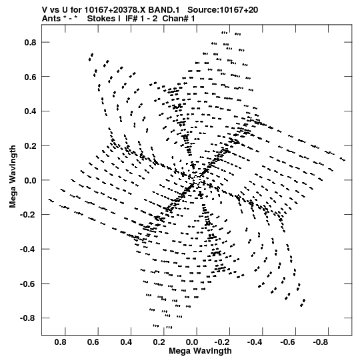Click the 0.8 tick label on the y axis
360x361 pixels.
(x=31, y=42)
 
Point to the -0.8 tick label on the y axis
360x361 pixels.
(x=28, y=318)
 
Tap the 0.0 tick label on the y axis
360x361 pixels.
(x=31, y=180)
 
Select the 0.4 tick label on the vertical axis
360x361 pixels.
(x=31, y=111)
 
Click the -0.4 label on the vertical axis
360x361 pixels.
(x=28, y=249)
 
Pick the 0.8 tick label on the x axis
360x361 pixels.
(x=61, y=342)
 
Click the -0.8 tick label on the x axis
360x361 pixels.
(x=320, y=342)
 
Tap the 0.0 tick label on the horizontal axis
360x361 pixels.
(x=192, y=342)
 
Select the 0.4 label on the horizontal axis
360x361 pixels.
(x=126, y=342)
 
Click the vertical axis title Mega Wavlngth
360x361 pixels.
(x=13, y=177)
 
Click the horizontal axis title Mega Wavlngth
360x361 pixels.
(x=200, y=351)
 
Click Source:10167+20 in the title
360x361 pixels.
(x=223, y=10)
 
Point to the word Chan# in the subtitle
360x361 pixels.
(x=175, y=19)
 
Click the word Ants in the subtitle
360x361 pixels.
(x=51, y=19)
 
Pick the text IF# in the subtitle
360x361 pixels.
(x=131, y=19)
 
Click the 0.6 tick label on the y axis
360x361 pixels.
(x=31, y=77)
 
